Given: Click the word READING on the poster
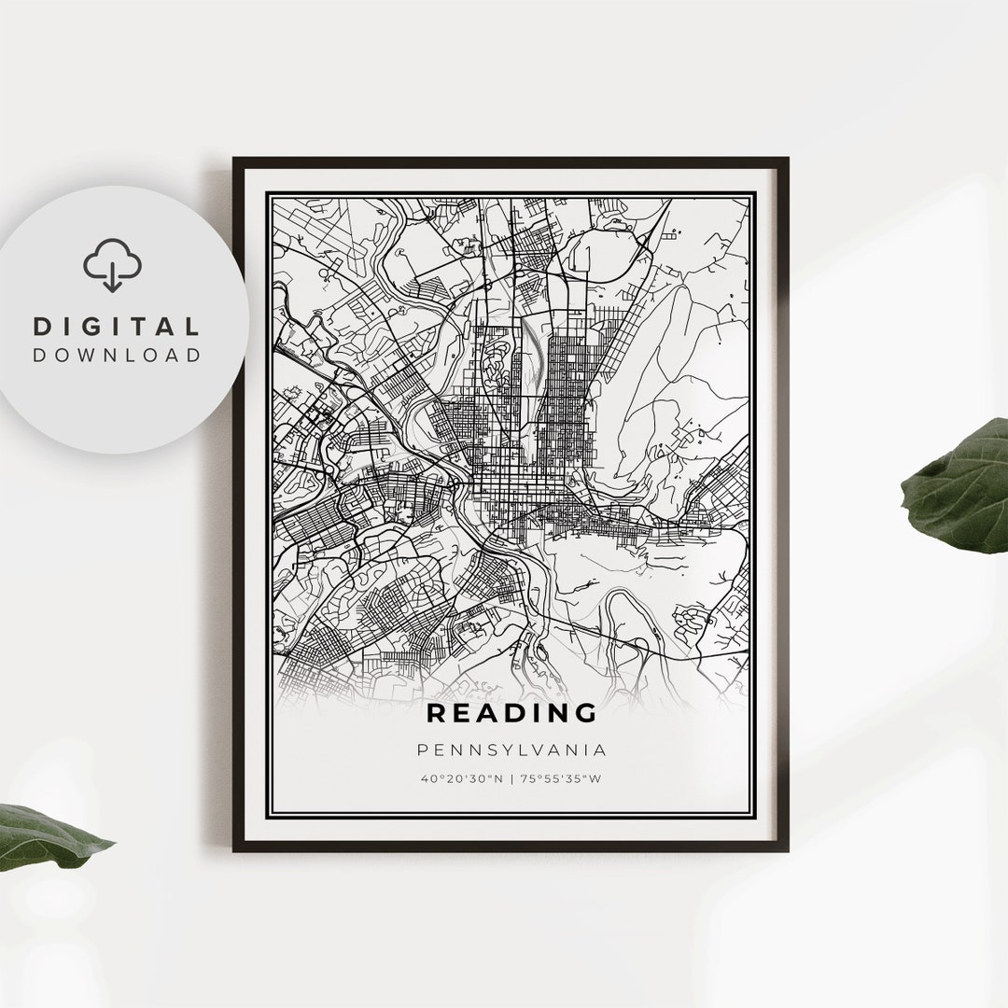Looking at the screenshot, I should (x=511, y=714).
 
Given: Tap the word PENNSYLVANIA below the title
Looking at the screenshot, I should (x=511, y=749).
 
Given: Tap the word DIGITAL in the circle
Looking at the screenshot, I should (x=117, y=327).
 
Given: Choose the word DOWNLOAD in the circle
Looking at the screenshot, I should (x=117, y=355).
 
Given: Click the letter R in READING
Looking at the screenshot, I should (x=437, y=714).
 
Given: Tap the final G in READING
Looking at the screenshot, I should (x=585, y=714).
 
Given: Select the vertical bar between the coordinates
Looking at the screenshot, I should (x=511, y=778).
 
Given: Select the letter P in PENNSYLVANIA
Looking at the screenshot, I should (x=424, y=749).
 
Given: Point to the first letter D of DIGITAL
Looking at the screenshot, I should (x=40, y=327).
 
